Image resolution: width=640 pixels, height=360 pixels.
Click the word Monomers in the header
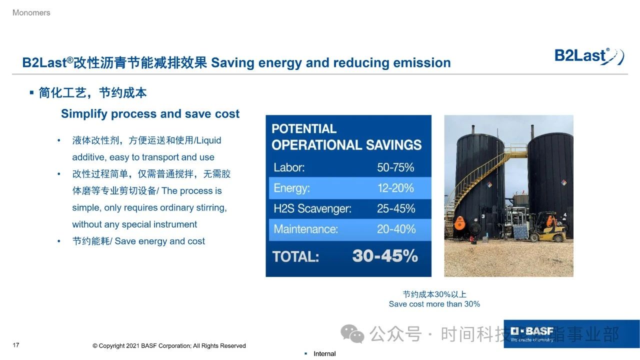pos(31,13)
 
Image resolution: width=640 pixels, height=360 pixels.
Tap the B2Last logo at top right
pos(589,56)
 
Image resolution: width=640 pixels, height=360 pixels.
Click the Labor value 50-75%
pos(395,167)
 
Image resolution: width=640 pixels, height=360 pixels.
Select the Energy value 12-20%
pos(395,188)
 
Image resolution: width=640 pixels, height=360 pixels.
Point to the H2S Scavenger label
pos(312,208)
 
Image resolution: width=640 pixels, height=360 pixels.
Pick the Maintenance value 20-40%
pos(396,229)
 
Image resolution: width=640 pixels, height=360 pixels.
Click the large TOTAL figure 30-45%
pos(385,255)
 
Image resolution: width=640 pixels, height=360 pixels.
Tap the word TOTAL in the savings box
pos(295,256)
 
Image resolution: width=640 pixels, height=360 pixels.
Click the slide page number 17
pos(16,345)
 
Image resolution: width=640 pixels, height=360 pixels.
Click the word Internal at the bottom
pos(324,353)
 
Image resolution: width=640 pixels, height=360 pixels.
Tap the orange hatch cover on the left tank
pos(459,222)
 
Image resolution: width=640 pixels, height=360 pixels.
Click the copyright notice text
pos(169,346)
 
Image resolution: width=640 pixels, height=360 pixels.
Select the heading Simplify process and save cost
pos(150,113)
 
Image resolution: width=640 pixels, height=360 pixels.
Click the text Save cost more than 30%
pos(434,304)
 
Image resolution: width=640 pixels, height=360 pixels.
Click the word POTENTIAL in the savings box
pos(304,129)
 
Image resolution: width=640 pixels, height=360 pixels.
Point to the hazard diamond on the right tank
pos(563,182)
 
